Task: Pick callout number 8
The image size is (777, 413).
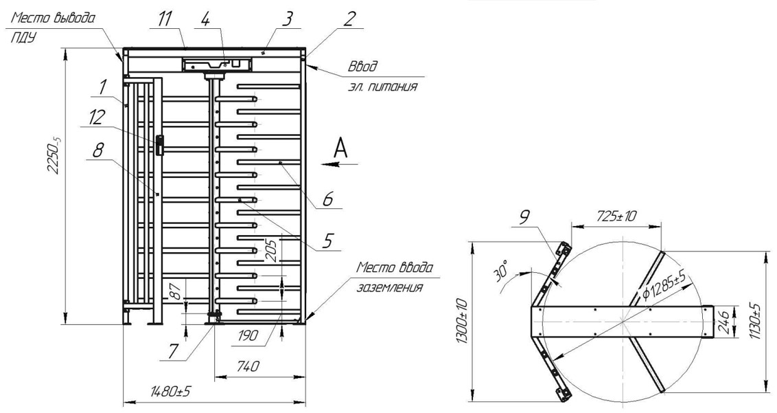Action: [97, 150]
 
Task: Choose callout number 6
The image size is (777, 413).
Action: [328, 199]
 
